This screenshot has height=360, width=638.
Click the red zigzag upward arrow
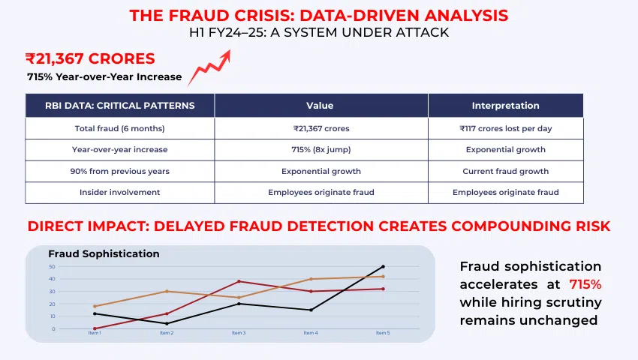[x=209, y=67]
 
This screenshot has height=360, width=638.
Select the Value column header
[x=321, y=106]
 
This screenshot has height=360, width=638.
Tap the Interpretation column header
[x=505, y=106]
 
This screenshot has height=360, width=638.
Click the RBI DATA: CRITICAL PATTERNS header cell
[x=120, y=106]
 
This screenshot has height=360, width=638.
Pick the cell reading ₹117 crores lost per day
[x=505, y=128]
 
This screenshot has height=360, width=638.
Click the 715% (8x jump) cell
[x=321, y=150]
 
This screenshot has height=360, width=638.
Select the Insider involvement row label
[x=120, y=193]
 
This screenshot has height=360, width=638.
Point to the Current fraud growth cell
[x=505, y=171]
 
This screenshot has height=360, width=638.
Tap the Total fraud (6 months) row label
[x=120, y=128]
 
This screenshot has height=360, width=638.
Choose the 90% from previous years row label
[x=120, y=171]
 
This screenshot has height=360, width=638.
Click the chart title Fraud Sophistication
[x=104, y=253]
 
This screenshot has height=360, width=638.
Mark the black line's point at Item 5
[x=383, y=266]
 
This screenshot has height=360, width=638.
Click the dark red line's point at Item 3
[x=239, y=281]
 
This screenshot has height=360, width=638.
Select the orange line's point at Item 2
[x=167, y=291]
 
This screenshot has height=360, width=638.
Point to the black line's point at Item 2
[x=167, y=323]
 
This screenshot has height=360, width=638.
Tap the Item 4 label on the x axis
[x=310, y=333]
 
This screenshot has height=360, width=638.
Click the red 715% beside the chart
[x=585, y=284]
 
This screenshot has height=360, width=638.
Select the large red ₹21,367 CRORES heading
[x=89, y=58]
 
